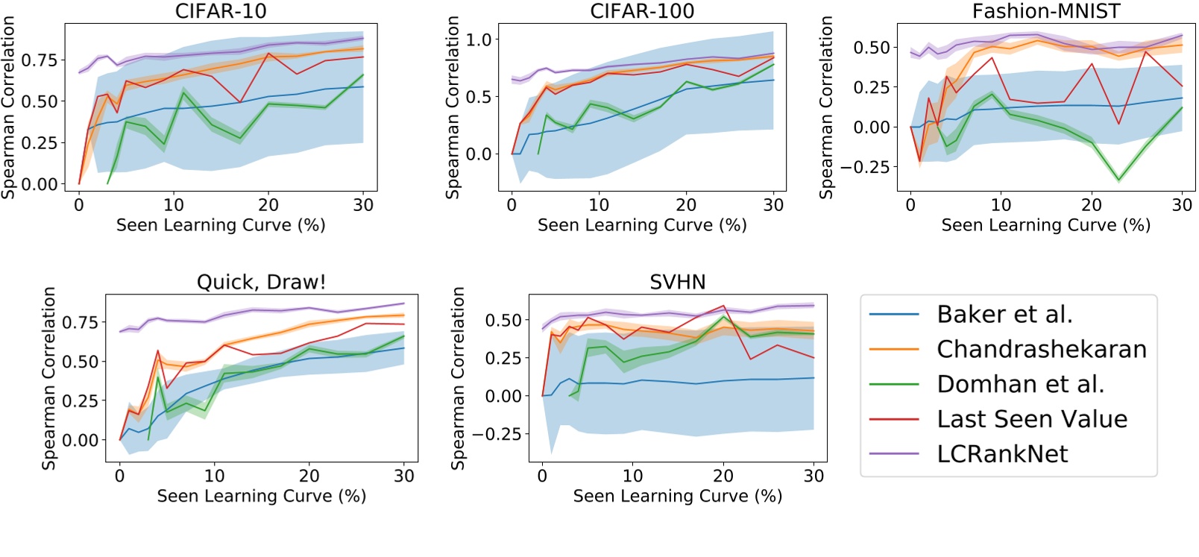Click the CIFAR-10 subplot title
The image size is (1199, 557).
point(221,11)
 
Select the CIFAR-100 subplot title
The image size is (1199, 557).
point(642,11)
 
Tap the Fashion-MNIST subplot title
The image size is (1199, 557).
point(1046,11)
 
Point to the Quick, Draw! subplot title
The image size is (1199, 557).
point(261,282)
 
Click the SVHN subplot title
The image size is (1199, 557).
point(677,282)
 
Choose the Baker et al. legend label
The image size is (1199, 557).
point(1004,315)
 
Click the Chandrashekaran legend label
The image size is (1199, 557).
point(1042,349)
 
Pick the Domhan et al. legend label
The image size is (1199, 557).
point(1020,384)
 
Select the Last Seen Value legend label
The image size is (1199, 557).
point(1032,419)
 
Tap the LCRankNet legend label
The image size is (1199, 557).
point(1002,454)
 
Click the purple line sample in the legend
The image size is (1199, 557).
point(894,454)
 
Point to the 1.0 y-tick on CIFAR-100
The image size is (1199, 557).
point(479,40)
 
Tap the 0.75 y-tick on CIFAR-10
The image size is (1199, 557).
point(39,60)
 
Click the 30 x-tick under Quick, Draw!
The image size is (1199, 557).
point(404,476)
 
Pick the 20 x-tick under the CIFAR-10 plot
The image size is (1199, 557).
point(268,205)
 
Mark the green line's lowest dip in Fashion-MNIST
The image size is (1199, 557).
point(1118,180)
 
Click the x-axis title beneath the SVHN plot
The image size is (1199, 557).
point(677,496)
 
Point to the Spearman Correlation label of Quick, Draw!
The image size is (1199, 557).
point(49,378)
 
